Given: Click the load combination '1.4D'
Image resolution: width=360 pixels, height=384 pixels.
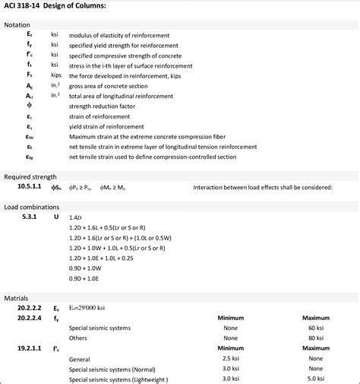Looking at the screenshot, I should tap(74, 217).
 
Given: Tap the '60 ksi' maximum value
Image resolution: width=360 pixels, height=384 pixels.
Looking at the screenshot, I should tap(316, 327).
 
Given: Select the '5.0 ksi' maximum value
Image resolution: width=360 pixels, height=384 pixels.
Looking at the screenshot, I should tap(316, 377).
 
